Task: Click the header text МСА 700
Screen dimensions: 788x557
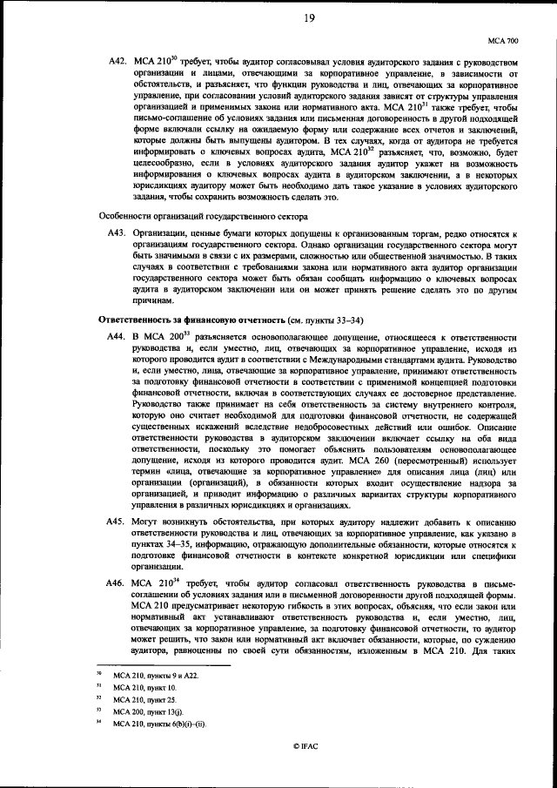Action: (503, 40)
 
